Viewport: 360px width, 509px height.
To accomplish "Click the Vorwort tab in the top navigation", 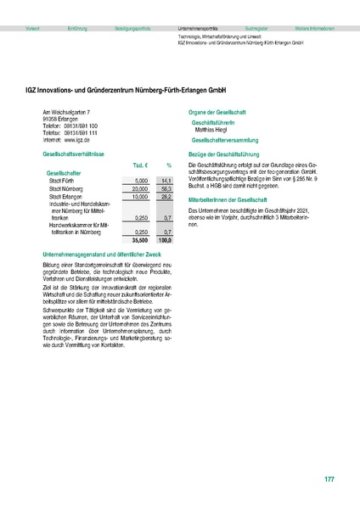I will click(33, 28).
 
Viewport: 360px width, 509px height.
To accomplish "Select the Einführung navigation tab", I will click(77, 28).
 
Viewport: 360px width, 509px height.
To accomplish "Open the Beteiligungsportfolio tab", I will click(135, 28).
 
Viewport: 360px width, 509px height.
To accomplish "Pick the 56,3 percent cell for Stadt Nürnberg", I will click(166, 189).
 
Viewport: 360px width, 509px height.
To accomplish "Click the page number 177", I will click(329, 480).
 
